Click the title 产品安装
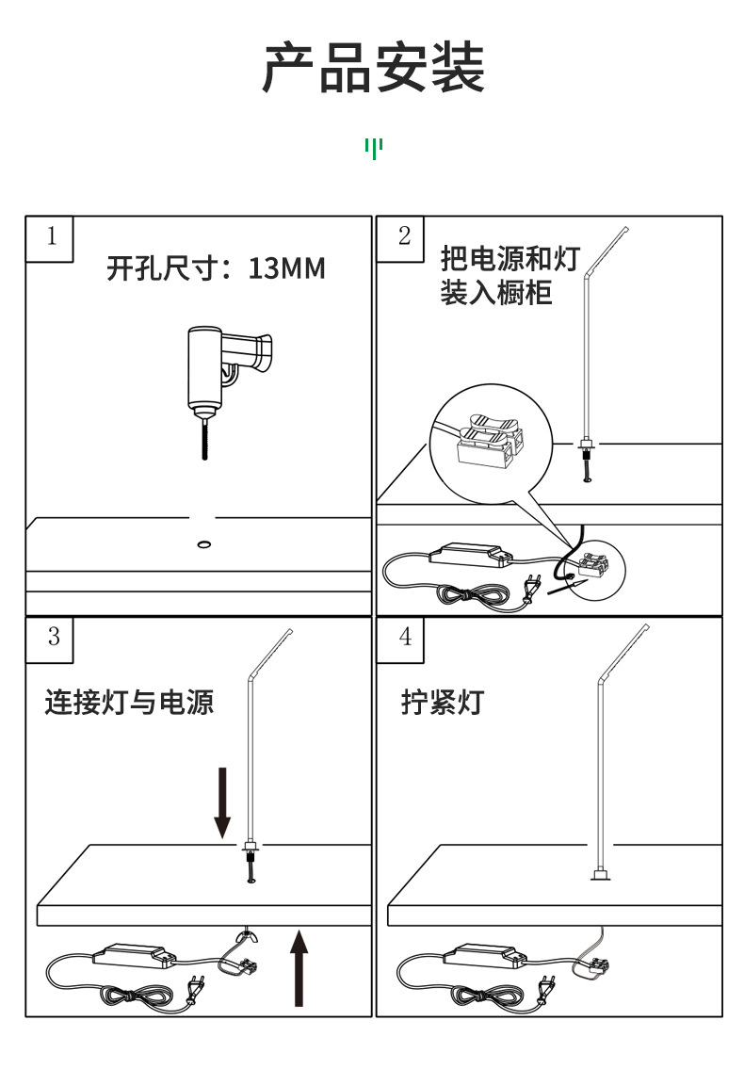[373, 69]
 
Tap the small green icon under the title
[374, 148]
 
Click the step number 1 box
[52, 236]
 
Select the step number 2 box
[405, 236]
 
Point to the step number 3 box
[54, 637]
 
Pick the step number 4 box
[406, 637]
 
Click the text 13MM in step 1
[286, 269]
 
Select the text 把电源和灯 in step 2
[509, 259]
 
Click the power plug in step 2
[530, 588]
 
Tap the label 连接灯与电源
[130, 703]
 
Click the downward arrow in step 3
[222, 802]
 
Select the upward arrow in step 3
[299, 966]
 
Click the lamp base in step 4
[598, 878]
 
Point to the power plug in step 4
[544, 991]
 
